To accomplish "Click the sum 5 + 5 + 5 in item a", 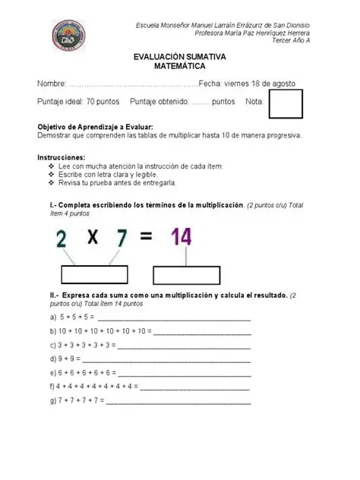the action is click(x=71, y=316).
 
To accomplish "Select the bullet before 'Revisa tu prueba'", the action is click(x=51, y=182).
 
